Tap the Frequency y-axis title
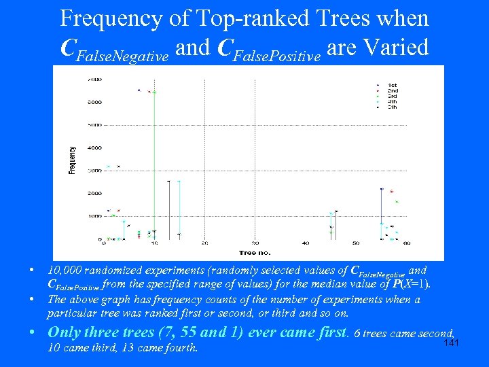coord(72,160)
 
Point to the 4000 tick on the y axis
coord(95,147)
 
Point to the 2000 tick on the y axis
coord(95,194)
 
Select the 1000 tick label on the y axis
coord(95,216)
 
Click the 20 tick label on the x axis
coord(204,243)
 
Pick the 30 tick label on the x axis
coord(255,243)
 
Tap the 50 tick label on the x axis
coord(355,243)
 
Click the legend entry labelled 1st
coord(393,84)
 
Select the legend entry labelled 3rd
coord(393,96)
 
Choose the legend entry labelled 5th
coord(393,107)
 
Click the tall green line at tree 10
coord(155,163)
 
